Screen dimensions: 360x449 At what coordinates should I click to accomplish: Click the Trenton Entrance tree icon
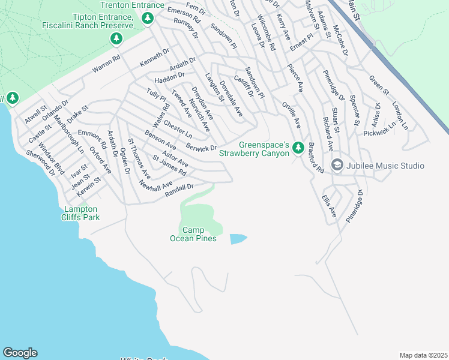(147, 19)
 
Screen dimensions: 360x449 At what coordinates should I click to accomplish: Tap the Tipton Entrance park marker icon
(116, 40)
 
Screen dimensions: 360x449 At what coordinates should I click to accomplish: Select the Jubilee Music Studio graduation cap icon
(337, 165)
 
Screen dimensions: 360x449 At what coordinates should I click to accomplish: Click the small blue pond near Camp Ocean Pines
(238, 239)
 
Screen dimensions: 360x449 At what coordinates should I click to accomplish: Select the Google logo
(20, 353)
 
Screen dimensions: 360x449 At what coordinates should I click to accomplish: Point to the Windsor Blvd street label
(52, 155)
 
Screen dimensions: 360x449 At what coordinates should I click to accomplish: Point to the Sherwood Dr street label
(40, 163)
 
